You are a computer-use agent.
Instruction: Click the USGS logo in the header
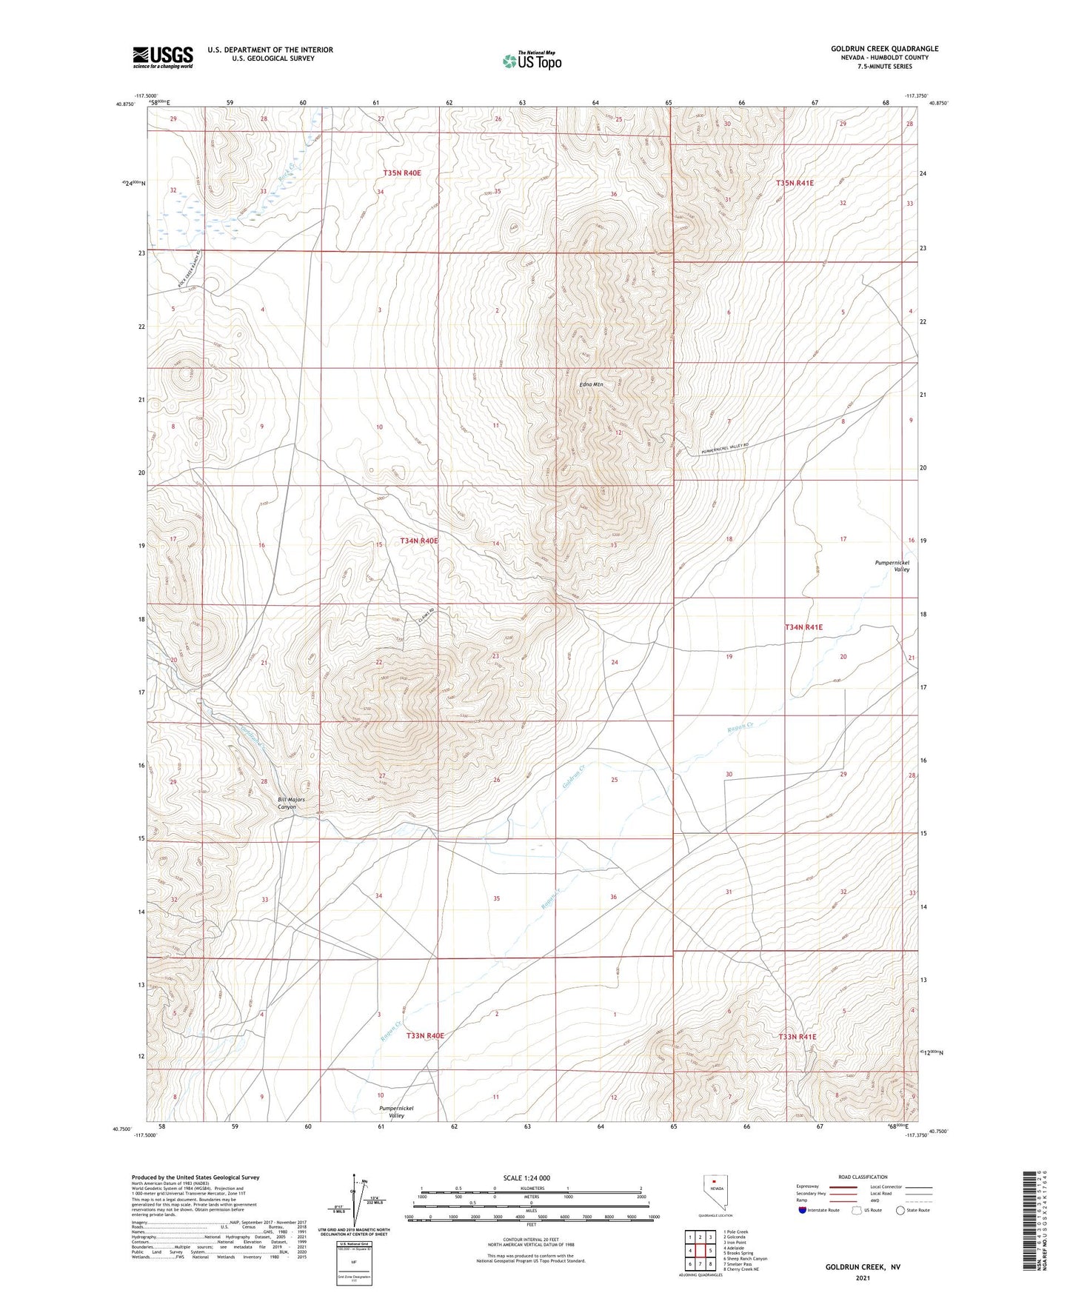163,57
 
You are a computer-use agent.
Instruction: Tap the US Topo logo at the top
531,60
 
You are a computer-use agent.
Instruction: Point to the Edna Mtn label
591,384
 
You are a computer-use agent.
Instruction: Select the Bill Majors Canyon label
281,803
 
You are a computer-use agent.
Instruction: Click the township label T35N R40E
401,173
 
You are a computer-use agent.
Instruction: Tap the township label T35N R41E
795,182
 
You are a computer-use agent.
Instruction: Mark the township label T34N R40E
419,541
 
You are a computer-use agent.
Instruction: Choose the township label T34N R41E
803,627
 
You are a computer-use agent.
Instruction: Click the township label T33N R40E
425,1035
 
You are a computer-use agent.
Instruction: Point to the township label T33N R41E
798,1037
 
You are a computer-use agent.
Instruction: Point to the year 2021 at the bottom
863,1277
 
